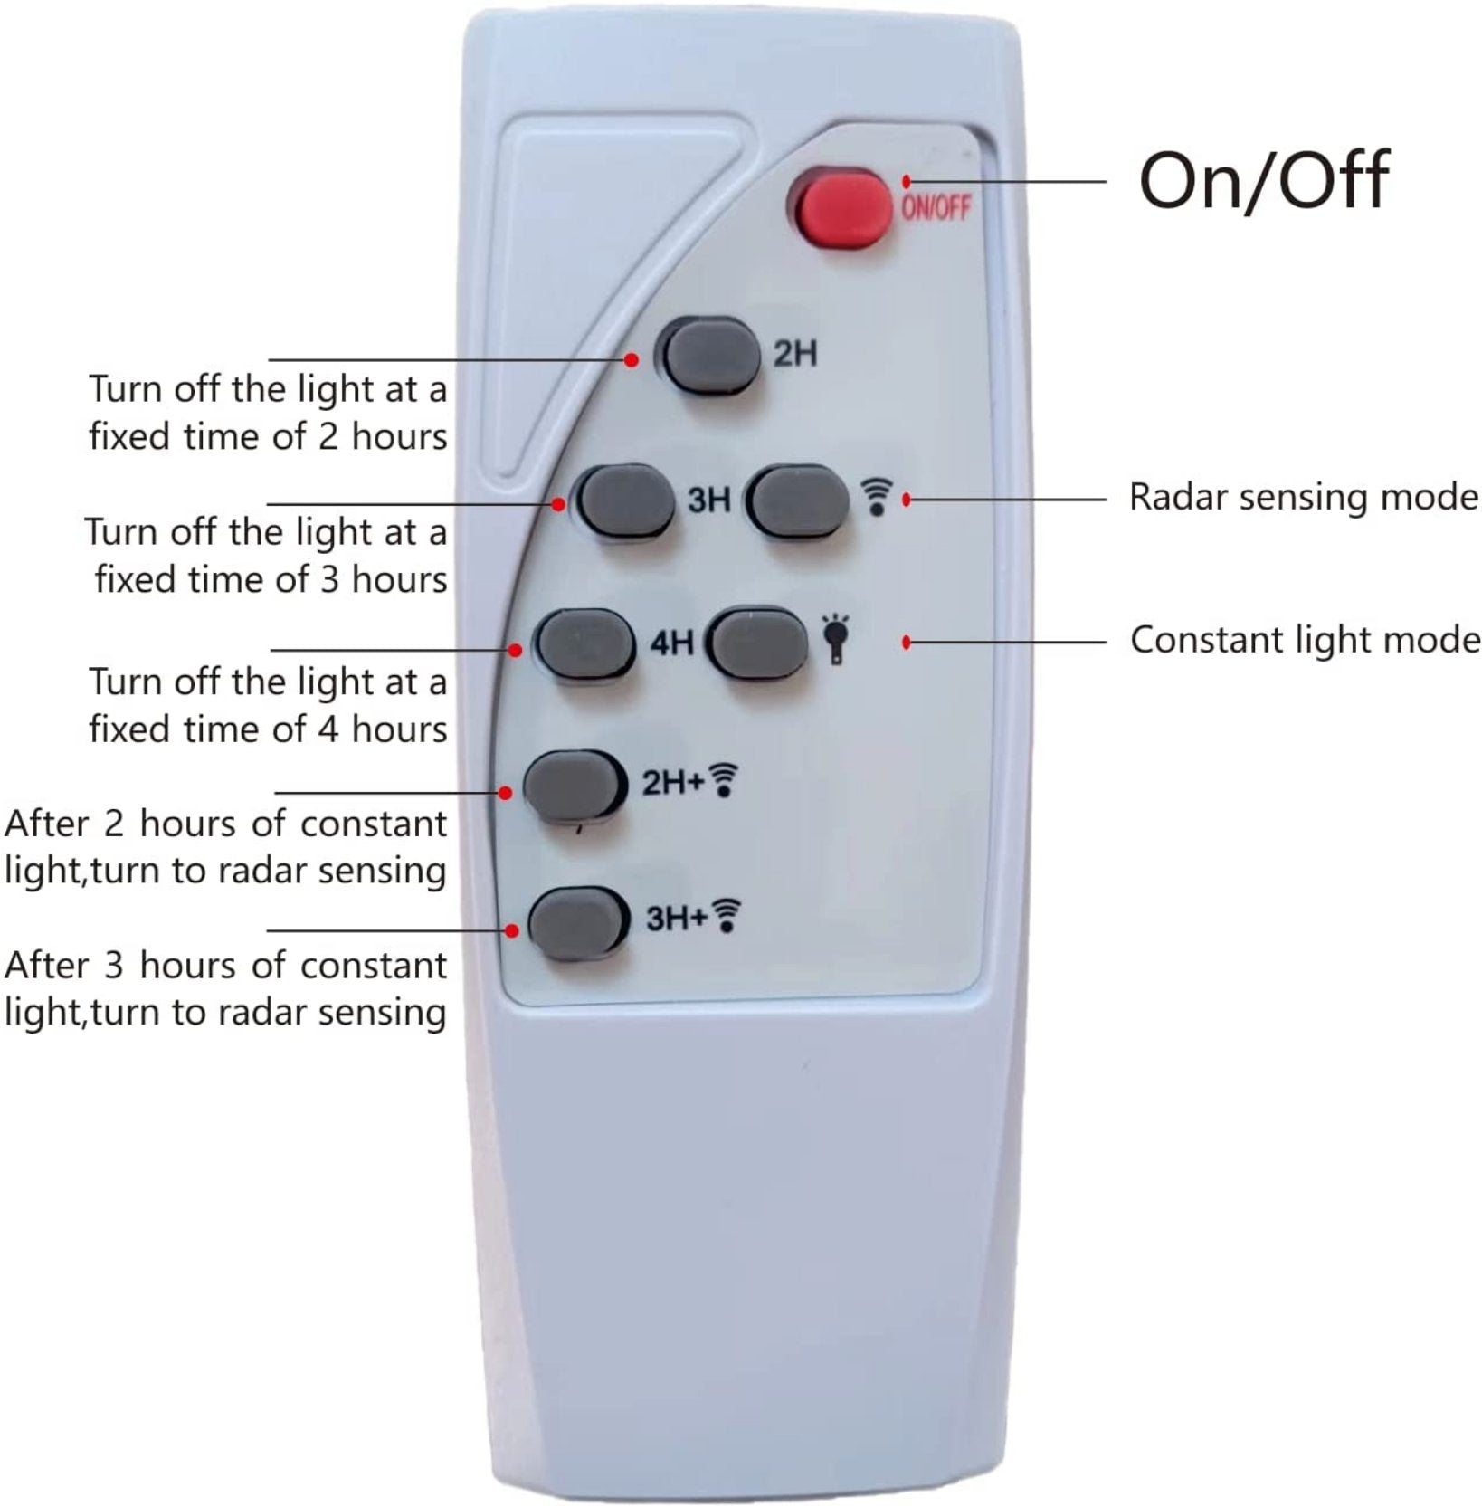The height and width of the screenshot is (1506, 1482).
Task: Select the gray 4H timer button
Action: coord(584,644)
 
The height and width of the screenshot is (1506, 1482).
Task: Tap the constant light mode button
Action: coord(757,643)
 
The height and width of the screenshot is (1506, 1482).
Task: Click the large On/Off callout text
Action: coord(1263,181)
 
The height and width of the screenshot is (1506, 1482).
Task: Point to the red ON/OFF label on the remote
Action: coord(936,207)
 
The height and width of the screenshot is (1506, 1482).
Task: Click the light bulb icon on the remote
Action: coord(835,639)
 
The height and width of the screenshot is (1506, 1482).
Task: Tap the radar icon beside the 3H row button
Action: coord(877,499)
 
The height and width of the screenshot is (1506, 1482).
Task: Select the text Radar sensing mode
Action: coord(1304,498)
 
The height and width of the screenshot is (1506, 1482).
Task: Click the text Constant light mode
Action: coord(1306,640)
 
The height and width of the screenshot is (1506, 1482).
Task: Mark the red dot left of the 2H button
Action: coord(632,360)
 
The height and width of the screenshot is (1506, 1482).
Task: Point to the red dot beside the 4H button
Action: coord(515,650)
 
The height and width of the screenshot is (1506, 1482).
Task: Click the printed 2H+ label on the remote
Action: coord(672,783)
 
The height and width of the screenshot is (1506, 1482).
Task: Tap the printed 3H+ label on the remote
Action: coord(676,920)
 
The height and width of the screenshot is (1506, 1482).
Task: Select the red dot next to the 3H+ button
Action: coord(512,930)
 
